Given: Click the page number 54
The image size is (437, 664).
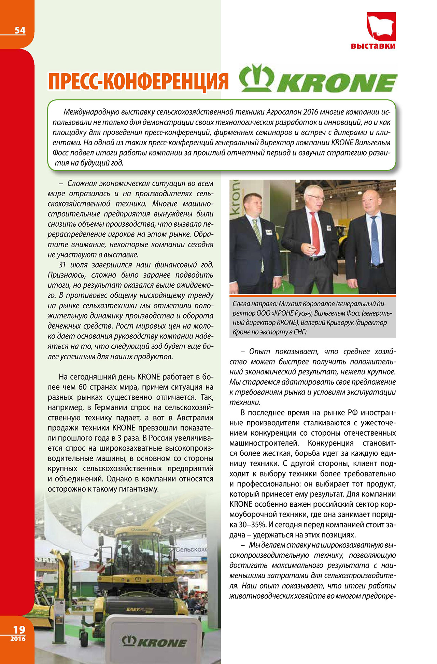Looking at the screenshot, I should click(20, 30).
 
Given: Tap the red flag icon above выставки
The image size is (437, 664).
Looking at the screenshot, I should click(381, 26).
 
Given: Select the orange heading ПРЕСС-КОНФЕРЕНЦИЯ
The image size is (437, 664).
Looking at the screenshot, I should click(138, 82).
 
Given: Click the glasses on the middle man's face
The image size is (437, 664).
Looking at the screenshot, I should click(315, 197).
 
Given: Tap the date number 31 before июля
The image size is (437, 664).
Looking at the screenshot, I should click(62, 265).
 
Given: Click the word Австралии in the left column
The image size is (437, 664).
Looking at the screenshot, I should click(195, 417).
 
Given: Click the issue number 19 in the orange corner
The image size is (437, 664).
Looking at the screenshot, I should click(19, 629).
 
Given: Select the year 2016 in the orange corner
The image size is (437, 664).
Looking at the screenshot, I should click(18, 639).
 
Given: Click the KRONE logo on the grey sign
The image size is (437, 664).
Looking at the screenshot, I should click(154, 642).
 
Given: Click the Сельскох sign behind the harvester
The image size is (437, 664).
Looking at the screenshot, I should click(192, 549).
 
